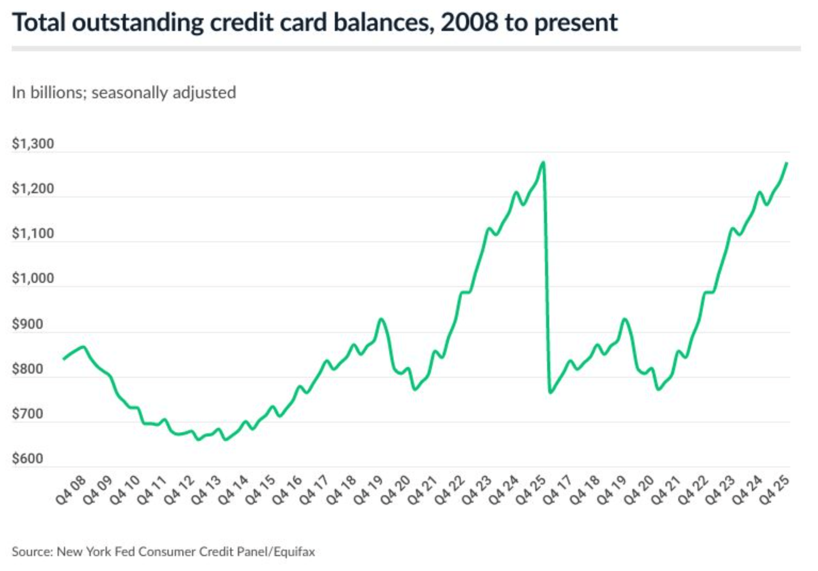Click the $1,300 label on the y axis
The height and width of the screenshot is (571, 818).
point(33,144)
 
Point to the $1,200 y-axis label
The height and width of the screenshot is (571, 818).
point(33,189)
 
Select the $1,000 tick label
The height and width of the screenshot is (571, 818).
point(33,279)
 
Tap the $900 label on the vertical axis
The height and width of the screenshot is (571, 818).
point(27,324)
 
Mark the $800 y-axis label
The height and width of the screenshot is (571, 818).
point(27,369)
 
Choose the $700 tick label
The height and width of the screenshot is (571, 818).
point(27,414)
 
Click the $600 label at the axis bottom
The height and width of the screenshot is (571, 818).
point(27,458)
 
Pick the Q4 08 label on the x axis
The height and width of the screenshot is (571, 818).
point(71,490)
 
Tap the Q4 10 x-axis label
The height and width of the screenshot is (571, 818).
point(125,490)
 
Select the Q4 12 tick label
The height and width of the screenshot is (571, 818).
point(179,490)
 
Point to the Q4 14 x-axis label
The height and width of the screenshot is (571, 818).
point(234,490)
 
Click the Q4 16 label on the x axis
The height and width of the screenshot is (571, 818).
point(287,490)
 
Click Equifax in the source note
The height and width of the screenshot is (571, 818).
point(294,551)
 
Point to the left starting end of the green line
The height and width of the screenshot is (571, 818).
point(64,359)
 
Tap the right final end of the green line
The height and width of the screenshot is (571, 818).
point(787,163)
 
